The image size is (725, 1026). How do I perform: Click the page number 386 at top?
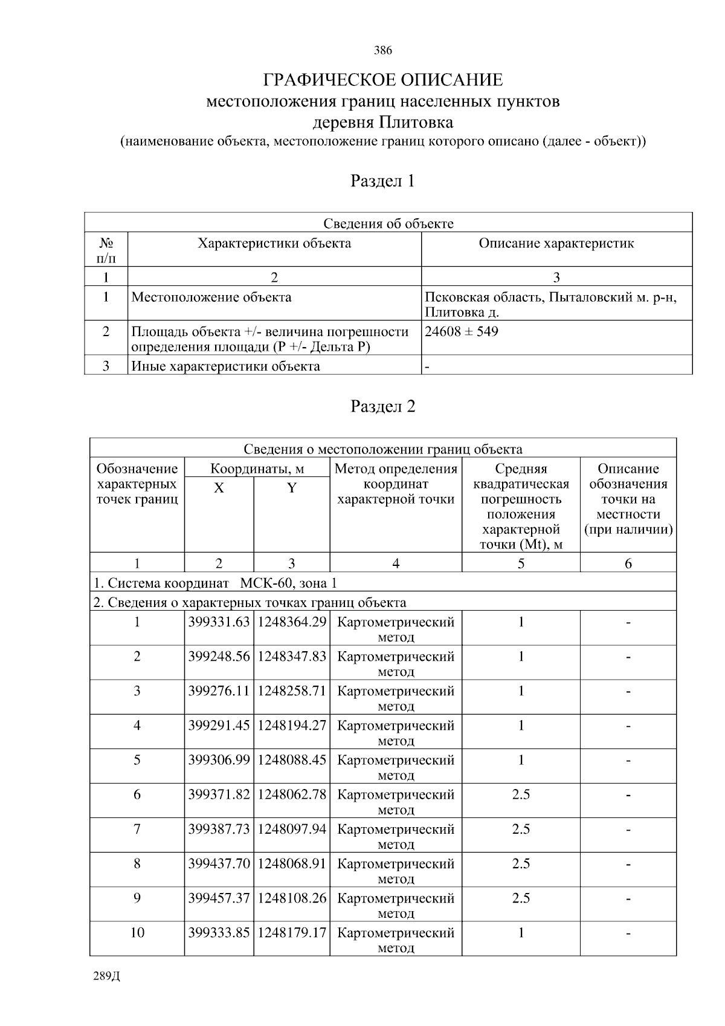pos(382,51)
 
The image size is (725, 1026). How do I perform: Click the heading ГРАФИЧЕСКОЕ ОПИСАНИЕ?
pos(382,80)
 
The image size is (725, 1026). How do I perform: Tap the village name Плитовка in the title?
pos(416,123)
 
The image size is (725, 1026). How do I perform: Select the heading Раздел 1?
pos(382,181)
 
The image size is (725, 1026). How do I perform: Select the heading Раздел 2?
pos(382,406)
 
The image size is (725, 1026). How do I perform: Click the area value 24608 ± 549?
pos(462,331)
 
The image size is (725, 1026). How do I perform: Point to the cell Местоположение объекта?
pos(211,297)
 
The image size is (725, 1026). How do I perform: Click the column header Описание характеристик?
pos(556,244)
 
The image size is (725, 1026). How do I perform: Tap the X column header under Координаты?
pos(219,489)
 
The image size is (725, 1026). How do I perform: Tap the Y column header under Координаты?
pos(291,489)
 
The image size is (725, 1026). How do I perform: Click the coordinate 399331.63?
pos(219,622)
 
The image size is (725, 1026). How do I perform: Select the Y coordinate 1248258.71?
pos(292,691)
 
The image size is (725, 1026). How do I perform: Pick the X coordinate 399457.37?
pos(219,898)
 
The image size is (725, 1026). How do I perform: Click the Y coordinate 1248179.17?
pos(292,933)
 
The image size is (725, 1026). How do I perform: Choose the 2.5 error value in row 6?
pos(520,794)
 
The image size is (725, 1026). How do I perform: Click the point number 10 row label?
pos(137,933)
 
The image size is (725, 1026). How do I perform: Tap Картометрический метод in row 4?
pos(396,732)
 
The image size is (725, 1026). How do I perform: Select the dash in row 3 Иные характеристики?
pos(427,366)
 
